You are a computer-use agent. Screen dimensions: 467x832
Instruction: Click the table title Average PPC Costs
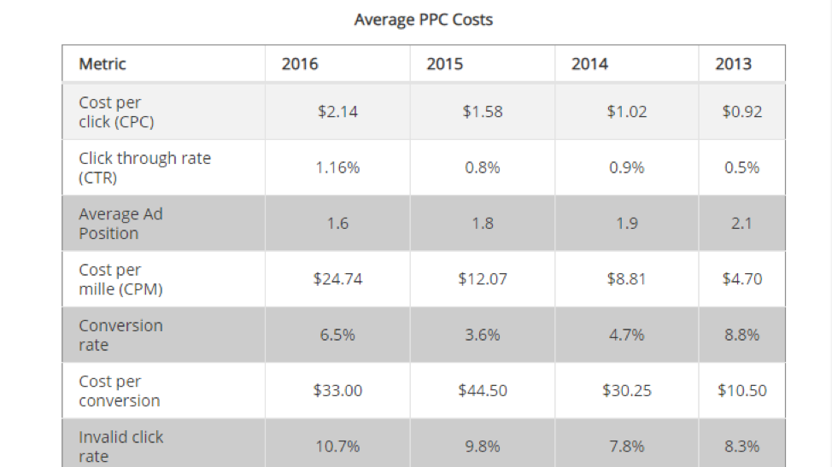tap(423, 19)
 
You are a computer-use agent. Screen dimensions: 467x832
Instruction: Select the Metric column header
tap(103, 64)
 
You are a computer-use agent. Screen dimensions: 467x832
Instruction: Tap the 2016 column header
tap(300, 64)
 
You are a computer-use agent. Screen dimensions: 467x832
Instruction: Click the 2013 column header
tap(733, 64)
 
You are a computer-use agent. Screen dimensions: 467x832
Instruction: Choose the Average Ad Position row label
tap(120, 224)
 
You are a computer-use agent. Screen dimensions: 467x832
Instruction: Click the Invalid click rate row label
tap(120, 447)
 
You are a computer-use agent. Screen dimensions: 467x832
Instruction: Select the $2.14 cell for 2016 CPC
tap(337, 112)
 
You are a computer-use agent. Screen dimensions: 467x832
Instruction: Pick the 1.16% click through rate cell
tap(337, 168)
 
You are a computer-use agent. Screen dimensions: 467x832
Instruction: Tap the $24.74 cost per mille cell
tap(337, 279)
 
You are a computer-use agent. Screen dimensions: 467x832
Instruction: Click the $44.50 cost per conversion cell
tap(482, 390)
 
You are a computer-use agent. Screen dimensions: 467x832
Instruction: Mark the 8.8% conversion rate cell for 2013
tap(741, 336)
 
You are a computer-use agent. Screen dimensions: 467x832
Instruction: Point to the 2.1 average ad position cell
tap(741, 224)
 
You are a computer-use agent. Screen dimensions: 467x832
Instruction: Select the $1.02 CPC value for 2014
tap(626, 112)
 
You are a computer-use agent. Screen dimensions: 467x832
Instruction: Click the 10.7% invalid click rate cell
tap(337, 447)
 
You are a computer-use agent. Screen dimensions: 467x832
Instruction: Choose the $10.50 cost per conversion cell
tap(741, 390)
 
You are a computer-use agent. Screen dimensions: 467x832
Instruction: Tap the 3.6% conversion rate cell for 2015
tap(482, 336)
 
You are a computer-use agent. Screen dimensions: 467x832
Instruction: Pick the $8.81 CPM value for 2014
tap(626, 279)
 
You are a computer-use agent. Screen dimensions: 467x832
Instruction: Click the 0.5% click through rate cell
tap(741, 168)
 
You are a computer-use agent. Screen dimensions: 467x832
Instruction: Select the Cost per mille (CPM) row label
tap(120, 279)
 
